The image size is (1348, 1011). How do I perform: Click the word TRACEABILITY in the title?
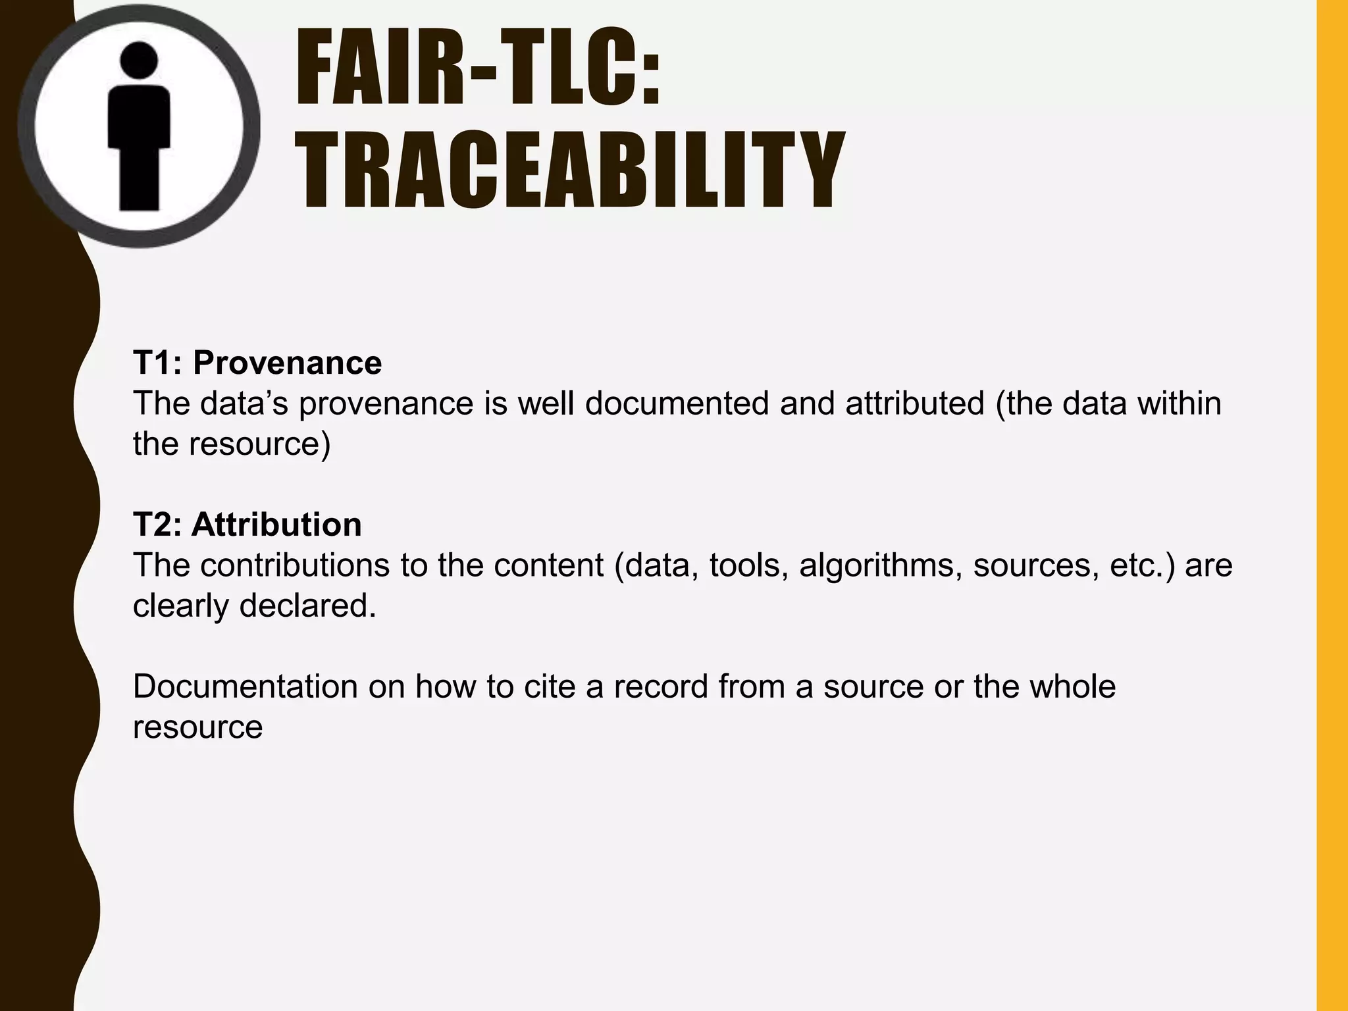569,169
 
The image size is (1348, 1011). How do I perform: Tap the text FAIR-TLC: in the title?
477,70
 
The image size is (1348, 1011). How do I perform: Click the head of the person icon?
139,59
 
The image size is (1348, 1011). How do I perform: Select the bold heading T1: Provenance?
257,363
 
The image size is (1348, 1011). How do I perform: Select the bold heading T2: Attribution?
247,525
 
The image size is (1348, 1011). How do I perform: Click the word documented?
677,403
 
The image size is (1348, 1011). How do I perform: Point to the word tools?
748,565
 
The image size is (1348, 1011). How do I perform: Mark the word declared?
307,606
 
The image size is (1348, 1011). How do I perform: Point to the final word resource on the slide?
197,727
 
